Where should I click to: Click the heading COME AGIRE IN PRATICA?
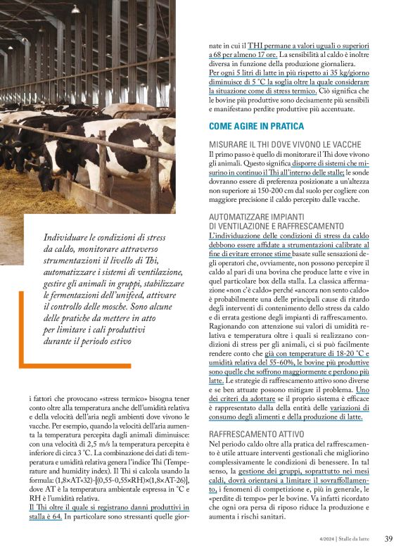(x=256, y=127)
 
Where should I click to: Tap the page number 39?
(x=388, y=539)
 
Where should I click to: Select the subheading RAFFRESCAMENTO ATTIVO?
(x=256, y=434)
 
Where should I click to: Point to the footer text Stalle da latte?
(x=351, y=539)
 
